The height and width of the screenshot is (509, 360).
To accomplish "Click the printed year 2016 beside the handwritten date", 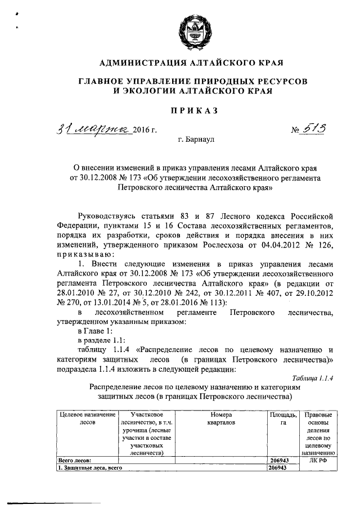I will click(x=142, y=132).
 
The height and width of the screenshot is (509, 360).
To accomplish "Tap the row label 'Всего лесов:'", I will click(x=72, y=460).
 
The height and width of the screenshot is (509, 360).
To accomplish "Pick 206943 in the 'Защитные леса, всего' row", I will click(x=279, y=467).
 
